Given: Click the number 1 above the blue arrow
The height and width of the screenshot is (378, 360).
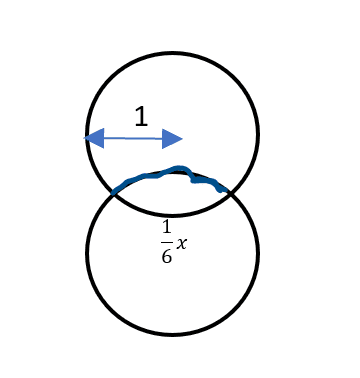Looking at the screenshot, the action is tap(141, 116).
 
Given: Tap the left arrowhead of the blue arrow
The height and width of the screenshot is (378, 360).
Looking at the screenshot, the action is tap(94, 138).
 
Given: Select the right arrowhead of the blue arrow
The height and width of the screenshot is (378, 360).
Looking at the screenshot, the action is tap(172, 139).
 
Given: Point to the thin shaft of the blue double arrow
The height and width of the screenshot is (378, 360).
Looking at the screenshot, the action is tap(133, 138).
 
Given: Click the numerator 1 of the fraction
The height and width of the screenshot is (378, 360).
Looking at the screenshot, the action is tap(167, 227).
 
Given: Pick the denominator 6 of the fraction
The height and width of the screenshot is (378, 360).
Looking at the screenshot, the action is tap(167, 256).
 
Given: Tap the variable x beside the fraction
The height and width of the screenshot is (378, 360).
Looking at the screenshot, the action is tap(182, 244).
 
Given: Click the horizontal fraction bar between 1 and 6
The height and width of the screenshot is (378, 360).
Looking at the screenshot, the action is tap(167, 242).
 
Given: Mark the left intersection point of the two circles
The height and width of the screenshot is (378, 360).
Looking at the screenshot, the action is tap(114, 193).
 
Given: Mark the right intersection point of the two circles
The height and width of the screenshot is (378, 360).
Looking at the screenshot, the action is tap(231, 193).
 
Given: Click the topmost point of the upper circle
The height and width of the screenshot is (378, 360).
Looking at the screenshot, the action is tap(172, 53).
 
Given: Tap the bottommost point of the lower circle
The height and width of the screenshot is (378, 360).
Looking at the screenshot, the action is tap(172, 334).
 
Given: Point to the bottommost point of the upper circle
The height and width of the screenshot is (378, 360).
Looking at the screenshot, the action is tap(172, 215).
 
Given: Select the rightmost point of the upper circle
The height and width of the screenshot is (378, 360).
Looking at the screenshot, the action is tap(258, 134).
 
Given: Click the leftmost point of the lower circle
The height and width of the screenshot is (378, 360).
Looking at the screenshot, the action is tap(87, 253).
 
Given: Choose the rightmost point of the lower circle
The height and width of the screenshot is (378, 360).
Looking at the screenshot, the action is tap(258, 253).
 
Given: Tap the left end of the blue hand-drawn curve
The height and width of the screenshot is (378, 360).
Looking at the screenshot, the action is tap(113, 193).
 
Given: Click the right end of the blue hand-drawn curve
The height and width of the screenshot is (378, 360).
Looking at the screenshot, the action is tap(227, 191).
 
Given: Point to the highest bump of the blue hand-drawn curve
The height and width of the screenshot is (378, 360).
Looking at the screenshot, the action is tap(179, 167).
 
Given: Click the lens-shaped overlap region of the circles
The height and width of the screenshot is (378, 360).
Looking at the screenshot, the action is tap(172, 194).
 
